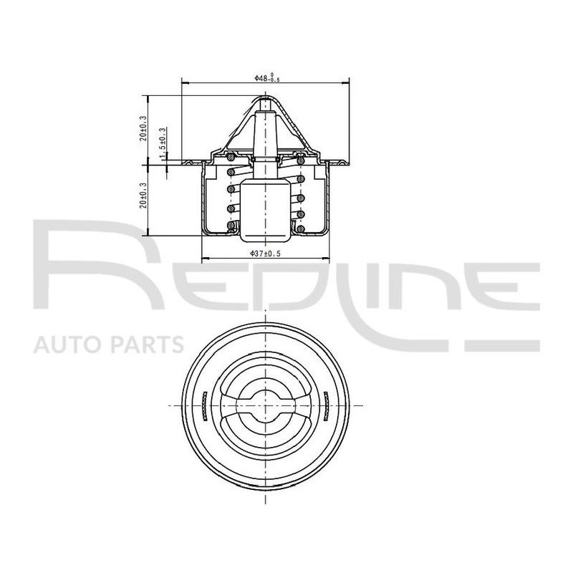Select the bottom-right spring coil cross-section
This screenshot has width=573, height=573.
(x=301, y=228)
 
